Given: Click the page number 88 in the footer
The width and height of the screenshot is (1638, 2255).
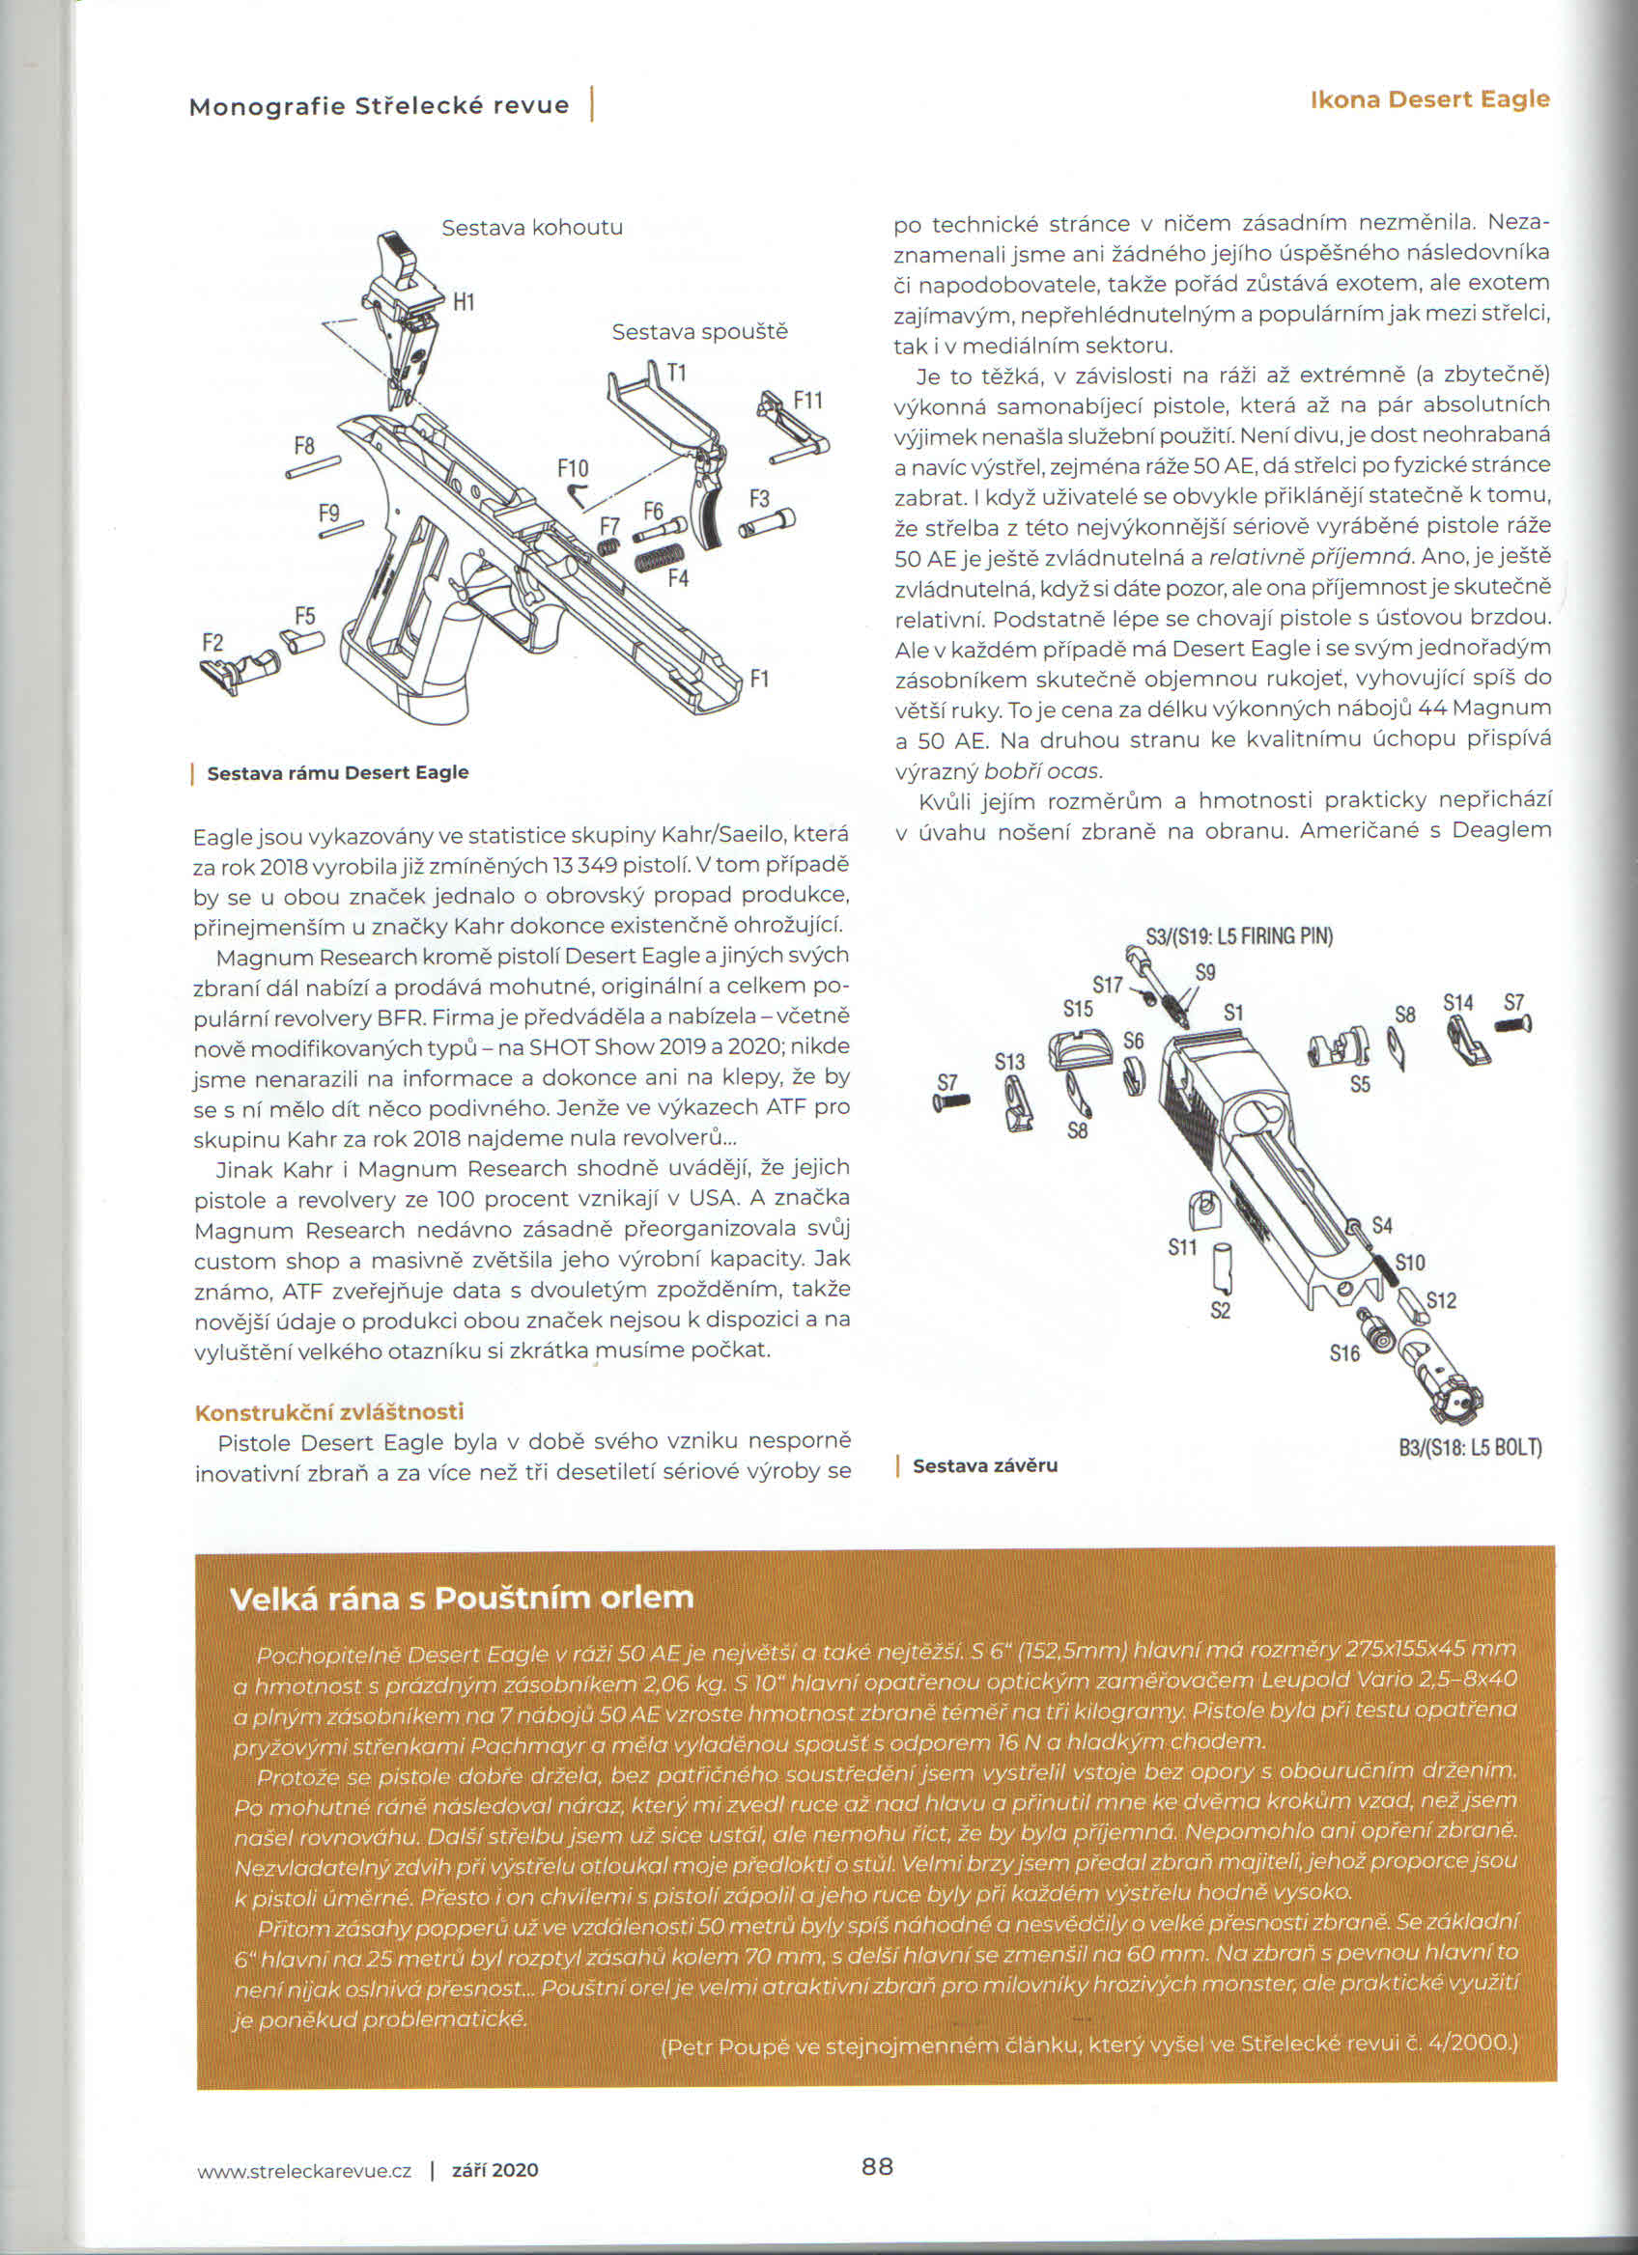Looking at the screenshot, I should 876,2164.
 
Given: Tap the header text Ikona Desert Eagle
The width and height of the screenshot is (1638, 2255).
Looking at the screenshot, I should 1429,98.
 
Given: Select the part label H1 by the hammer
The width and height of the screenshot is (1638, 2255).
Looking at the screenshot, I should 465,301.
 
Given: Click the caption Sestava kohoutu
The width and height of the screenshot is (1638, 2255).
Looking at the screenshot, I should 532,228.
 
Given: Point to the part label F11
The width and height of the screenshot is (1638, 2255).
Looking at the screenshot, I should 807,400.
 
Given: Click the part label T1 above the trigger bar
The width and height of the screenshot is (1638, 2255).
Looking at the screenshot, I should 676,373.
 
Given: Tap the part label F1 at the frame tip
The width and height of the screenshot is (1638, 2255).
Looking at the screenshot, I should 760,679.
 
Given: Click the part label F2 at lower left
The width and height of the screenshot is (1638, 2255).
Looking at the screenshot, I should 212,642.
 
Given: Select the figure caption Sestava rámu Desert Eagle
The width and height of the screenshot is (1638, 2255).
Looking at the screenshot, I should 337,772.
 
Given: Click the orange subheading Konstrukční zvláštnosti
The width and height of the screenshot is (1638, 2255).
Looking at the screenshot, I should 329,1412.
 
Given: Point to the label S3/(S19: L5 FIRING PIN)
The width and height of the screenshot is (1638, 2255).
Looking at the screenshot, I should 1239,935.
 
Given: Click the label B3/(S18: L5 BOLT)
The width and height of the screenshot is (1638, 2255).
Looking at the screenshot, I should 1470,1448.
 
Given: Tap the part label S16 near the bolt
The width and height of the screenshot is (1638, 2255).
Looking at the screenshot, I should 1344,1353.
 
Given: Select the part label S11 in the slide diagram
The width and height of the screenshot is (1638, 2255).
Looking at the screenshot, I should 1182,1247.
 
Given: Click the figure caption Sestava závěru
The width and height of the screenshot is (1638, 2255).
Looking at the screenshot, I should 984,1465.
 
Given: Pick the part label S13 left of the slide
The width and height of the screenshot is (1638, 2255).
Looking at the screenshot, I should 1009,1062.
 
